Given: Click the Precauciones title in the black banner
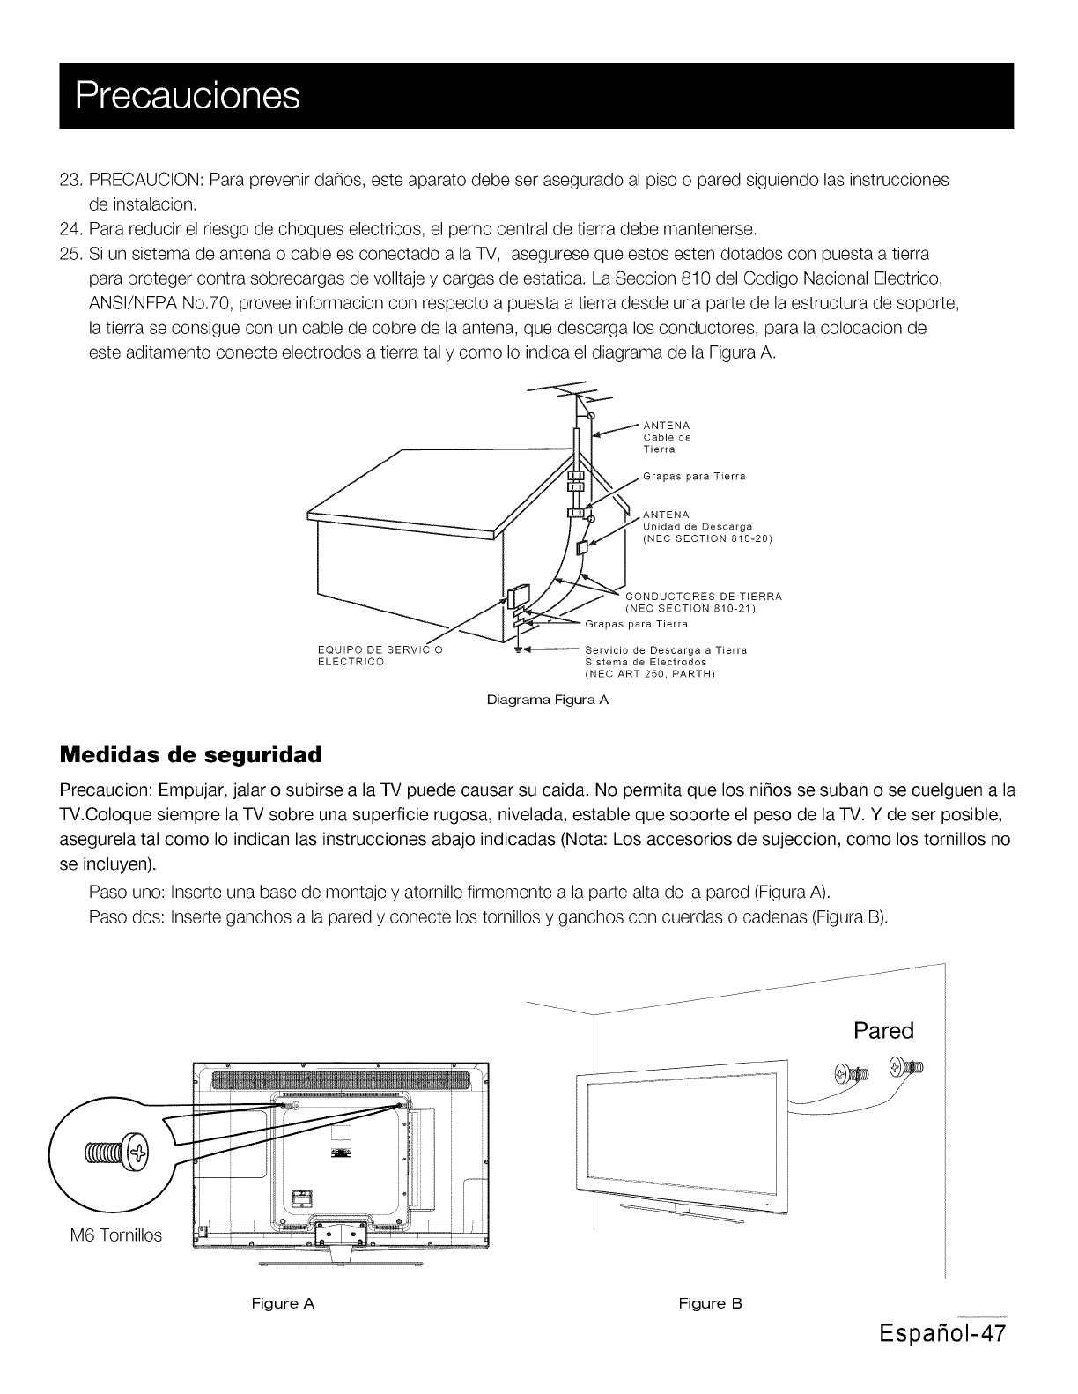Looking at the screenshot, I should [x=188, y=95].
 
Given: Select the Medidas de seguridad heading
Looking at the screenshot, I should [x=190, y=755].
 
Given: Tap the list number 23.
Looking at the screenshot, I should [x=70, y=180].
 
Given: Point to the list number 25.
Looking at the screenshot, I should [x=70, y=254].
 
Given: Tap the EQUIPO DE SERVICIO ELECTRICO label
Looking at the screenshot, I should [x=379, y=656].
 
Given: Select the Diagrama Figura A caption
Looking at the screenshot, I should [x=548, y=701].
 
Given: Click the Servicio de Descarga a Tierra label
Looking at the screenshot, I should [x=666, y=650].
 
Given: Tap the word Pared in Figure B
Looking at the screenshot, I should [x=883, y=1030].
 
